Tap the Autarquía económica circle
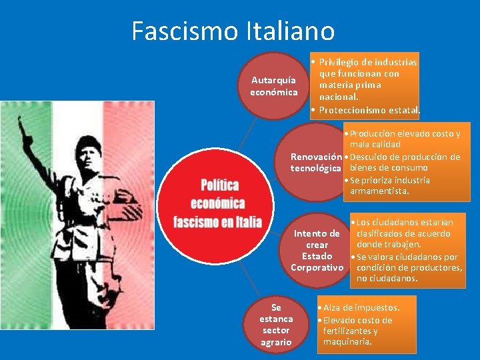tap(274, 86)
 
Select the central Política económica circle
tap(217, 203)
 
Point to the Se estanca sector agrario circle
tap(276, 324)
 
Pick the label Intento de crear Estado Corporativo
tap(317, 250)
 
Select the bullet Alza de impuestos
tap(361, 307)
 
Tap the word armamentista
tap(379, 192)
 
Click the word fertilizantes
tap(351, 331)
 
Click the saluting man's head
tap(87, 151)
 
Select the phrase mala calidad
tap(375, 145)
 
